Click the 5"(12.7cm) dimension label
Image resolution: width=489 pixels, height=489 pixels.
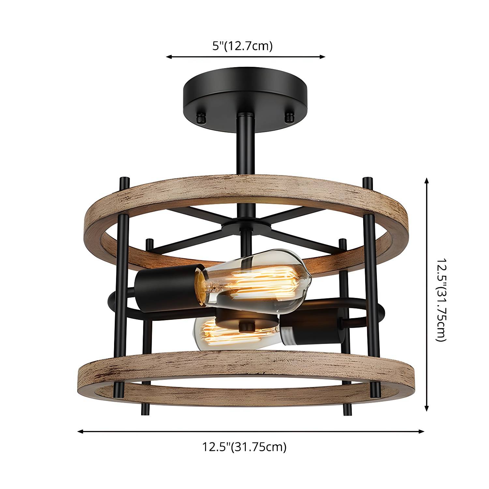click(x=242, y=46)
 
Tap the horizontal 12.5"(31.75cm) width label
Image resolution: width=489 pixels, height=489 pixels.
click(x=244, y=446)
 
